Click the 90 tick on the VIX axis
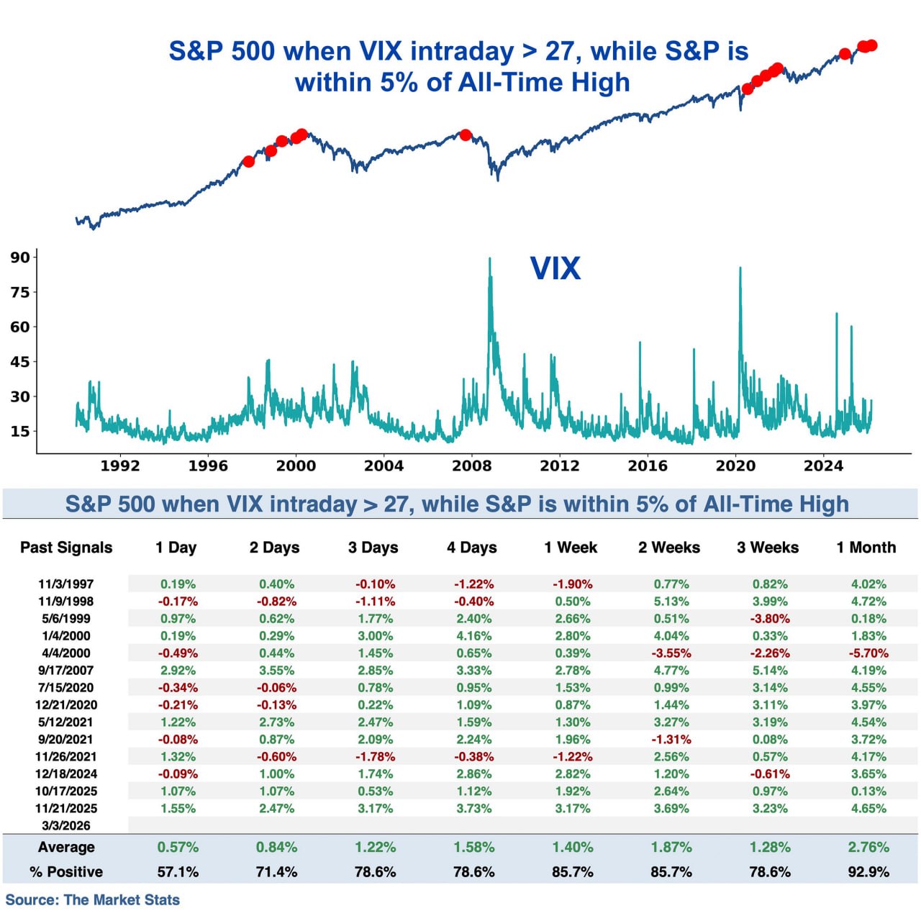(x=20, y=258)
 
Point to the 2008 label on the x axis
(x=472, y=466)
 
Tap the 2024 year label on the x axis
(x=823, y=466)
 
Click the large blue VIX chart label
(x=555, y=268)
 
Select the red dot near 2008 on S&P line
(x=466, y=135)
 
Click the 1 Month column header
(x=866, y=548)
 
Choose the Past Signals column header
(x=66, y=548)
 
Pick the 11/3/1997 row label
(x=66, y=584)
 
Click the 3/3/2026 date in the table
(x=66, y=826)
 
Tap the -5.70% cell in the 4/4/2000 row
(x=868, y=653)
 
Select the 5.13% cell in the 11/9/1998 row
(x=671, y=602)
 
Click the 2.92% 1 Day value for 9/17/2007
(x=178, y=671)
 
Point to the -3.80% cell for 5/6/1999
(x=770, y=619)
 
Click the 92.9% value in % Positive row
(x=868, y=872)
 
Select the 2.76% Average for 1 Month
(x=868, y=848)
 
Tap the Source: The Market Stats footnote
(x=93, y=900)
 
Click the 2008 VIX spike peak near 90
(x=490, y=259)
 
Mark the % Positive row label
(x=66, y=872)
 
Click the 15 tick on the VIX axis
(x=20, y=432)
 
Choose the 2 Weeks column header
(x=669, y=548)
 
